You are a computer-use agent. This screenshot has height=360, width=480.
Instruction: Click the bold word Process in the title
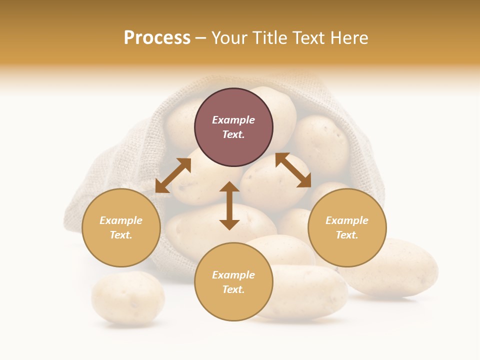157,38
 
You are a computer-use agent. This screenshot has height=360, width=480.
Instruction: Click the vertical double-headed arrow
229,206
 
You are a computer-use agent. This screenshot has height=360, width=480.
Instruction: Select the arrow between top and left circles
173,175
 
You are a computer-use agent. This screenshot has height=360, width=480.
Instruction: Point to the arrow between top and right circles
293,170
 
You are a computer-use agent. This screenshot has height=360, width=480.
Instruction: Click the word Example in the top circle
233,120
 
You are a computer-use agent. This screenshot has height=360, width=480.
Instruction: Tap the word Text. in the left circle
121,235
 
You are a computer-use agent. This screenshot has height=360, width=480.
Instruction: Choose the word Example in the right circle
347,220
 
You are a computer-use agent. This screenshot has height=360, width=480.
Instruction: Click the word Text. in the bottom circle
233,289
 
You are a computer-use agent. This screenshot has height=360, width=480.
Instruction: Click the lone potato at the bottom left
127,298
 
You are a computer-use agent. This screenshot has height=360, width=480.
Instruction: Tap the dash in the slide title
201,38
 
